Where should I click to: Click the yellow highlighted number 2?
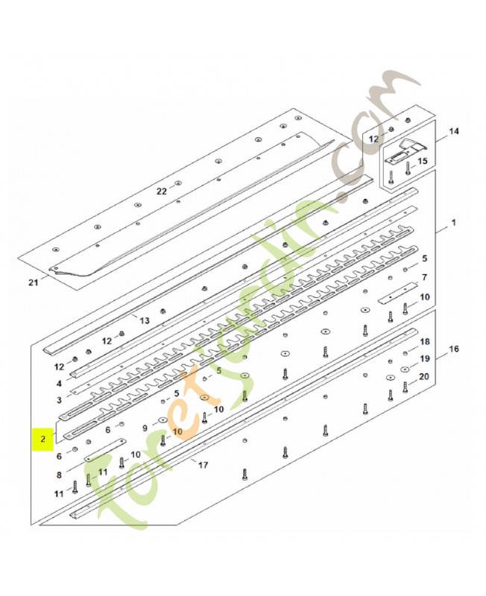[43, 439]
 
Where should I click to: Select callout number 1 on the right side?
[453, 222]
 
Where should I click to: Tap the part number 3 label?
[59, 400]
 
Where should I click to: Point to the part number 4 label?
[59, 384]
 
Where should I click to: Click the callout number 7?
[424, 277]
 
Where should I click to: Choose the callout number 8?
[59, 475]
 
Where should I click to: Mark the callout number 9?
[145, 428]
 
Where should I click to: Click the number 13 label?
[145, 320]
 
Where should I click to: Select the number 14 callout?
[454, 132]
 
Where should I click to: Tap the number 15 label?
[422, 161]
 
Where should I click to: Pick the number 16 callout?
[454, 349]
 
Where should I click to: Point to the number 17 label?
[203, 464]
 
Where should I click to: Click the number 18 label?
[424, 341]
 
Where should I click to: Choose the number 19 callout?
[424, 358]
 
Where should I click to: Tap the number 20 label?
[423, 376]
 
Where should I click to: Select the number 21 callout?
[34, 282]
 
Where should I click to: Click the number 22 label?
[162, 191]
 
